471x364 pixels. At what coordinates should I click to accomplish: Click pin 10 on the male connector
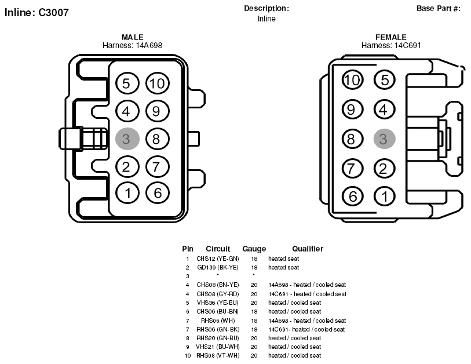158,83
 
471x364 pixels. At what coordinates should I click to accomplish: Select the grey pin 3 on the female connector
384,139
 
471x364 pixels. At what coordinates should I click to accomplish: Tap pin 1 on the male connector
127,193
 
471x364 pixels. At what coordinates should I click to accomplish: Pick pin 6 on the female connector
353,196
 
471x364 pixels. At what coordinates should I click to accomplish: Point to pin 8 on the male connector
158,139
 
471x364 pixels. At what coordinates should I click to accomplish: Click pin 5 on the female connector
385,80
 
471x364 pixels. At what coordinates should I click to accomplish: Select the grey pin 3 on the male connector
127,139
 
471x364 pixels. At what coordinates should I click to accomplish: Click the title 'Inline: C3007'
36,12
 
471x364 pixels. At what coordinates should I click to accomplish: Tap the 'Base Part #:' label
438,9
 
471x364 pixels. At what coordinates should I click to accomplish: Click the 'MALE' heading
133,37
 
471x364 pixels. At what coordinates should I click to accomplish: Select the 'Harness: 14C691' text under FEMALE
391,45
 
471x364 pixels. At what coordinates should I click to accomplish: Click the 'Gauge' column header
254,249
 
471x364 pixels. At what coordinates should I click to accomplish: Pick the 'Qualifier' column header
308,249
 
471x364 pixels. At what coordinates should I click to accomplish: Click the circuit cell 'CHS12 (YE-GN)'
218,259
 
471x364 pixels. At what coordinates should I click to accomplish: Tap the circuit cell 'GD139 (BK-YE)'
218,267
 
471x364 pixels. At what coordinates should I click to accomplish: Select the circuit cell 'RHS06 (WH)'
218,321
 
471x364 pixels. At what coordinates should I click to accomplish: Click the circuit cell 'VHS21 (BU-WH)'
218,347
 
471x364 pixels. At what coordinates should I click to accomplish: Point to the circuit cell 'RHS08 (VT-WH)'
218,355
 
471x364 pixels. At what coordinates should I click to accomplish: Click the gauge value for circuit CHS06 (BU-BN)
254,311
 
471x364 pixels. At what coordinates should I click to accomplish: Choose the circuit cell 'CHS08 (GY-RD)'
218,294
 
